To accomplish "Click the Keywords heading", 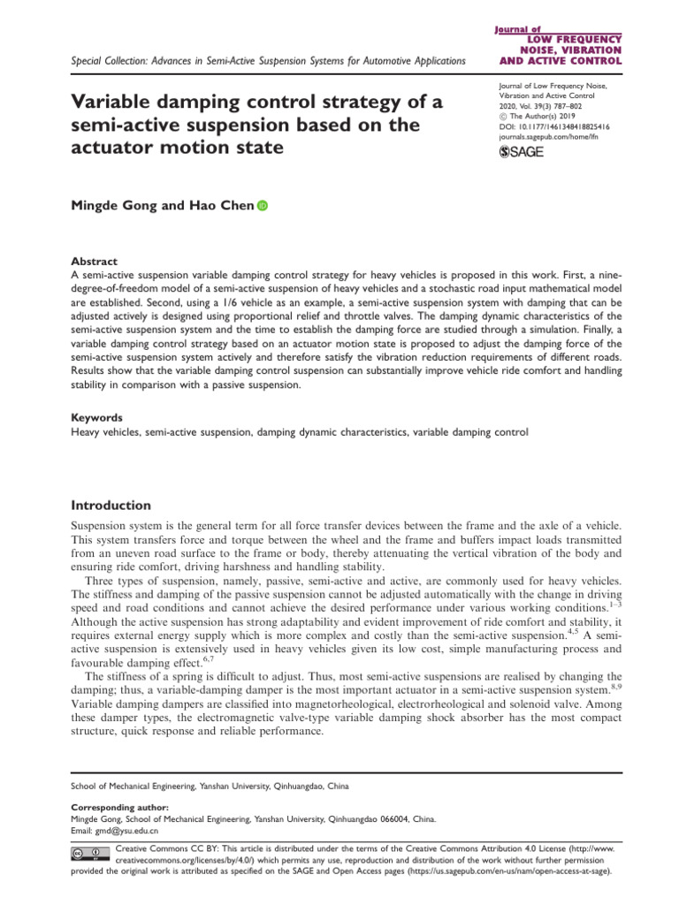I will pyautogui.click(x=96, y=417).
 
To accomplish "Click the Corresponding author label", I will pyautogui.click(x=114, y=807).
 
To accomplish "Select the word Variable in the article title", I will pyautogui.click(x=111, y=103).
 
